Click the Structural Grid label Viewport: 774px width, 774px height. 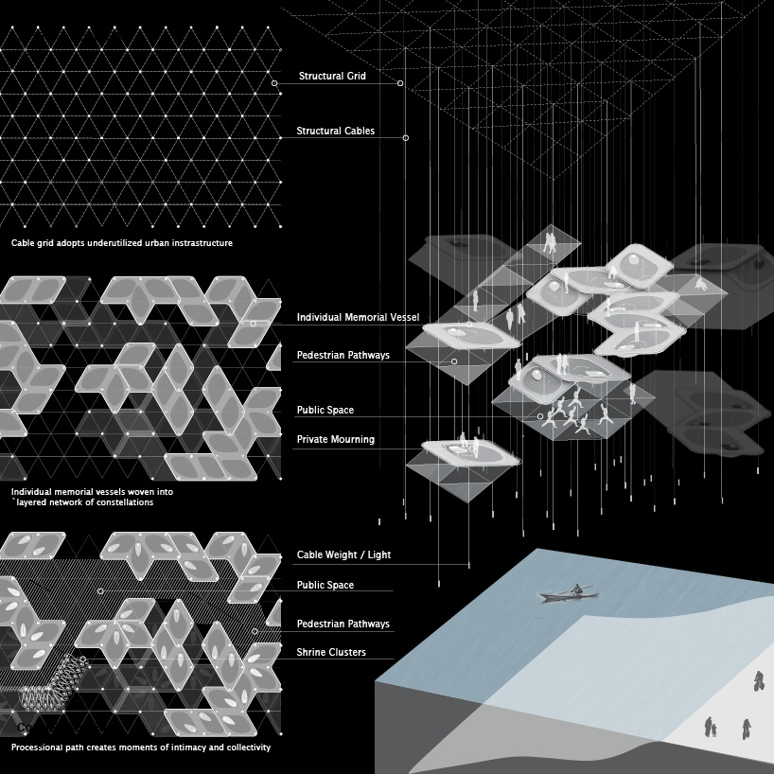click(332, 76)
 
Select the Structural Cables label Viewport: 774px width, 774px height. click(335, 132)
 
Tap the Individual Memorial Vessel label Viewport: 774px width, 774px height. click(358, 317)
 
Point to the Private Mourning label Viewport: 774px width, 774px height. click(335, 440)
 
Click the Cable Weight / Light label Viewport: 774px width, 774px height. click(343, 555)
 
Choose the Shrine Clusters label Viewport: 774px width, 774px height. click(331, 653)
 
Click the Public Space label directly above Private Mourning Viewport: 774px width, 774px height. click(325, 411)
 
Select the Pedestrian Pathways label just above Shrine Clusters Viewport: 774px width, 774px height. click(343, 624)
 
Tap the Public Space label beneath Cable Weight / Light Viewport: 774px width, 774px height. click(325, 586)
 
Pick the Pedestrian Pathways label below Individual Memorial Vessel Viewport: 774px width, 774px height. click(343, 356)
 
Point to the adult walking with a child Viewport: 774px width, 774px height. click(710, 727)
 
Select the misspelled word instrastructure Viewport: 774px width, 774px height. click(198, 243)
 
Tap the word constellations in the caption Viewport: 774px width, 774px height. click(121, 502)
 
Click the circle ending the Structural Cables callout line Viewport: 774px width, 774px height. click(406, 138)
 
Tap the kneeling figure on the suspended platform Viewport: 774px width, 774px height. click(700, 283)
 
